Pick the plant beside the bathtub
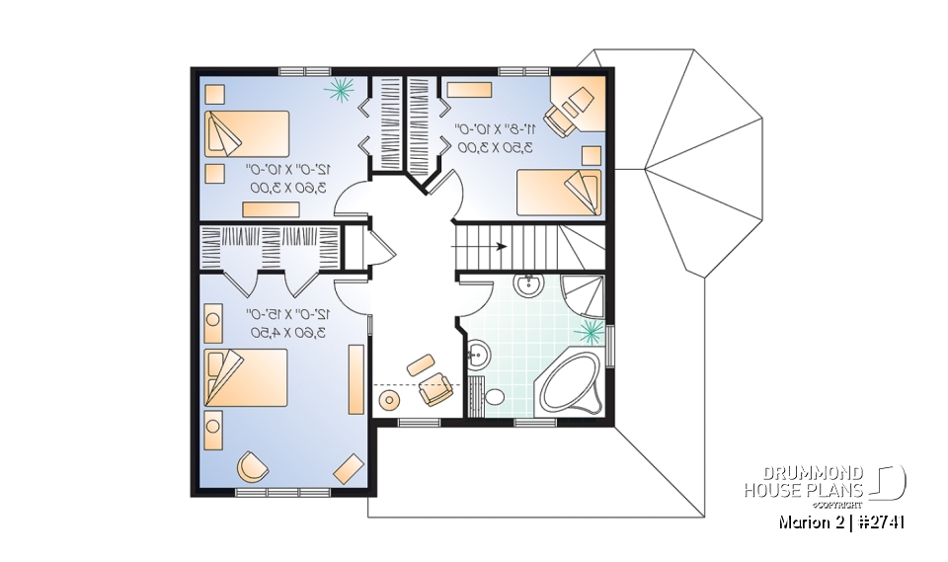point(592,331)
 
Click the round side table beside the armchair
point(389,401)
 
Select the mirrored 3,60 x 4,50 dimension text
point(287,333)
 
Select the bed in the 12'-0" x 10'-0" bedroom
point(246,133)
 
